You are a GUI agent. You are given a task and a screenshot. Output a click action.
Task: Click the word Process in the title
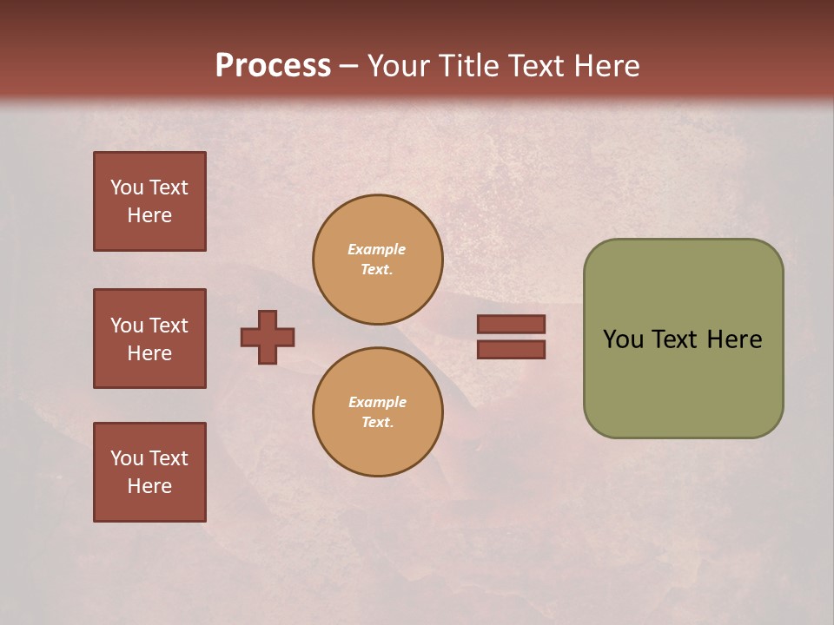[x=273, y=66]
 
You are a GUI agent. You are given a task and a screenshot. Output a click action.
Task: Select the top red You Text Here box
[x=149, y=201]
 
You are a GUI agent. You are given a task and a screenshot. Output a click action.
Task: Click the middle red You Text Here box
[x=149, y=339]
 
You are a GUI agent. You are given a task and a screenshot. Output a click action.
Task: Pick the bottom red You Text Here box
[x=149, y=471]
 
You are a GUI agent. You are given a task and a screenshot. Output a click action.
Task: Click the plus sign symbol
[x=268, y=337]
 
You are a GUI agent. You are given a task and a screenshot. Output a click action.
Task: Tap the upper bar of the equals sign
[x=512, y=324]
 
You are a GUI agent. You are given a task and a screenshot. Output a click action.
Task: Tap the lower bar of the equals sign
[x=512, y=350]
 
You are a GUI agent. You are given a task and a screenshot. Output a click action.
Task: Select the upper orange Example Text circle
[x=378, y=260]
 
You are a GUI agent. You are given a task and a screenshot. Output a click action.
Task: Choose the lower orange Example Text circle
[x=378, y=412]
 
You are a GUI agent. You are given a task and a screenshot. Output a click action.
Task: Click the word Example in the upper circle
[x=377, y=249]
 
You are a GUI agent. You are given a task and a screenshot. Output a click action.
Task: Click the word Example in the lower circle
[x=377, y=402]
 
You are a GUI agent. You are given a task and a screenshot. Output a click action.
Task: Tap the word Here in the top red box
[x=149, y=215]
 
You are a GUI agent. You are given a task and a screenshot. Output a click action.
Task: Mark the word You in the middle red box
[x=126, y=326]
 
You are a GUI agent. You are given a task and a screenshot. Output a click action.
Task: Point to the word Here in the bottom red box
[x=149, y=486]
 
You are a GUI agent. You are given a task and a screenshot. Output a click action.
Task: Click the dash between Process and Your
[x=349, y=67]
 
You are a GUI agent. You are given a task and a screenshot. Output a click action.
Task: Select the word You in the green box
[x=623, y=339]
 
